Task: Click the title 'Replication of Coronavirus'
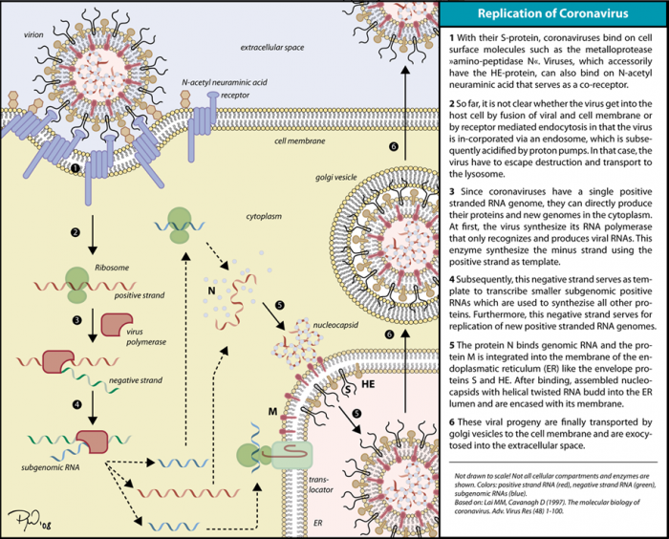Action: pos(552,15)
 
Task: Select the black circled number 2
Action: pos(74,231)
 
